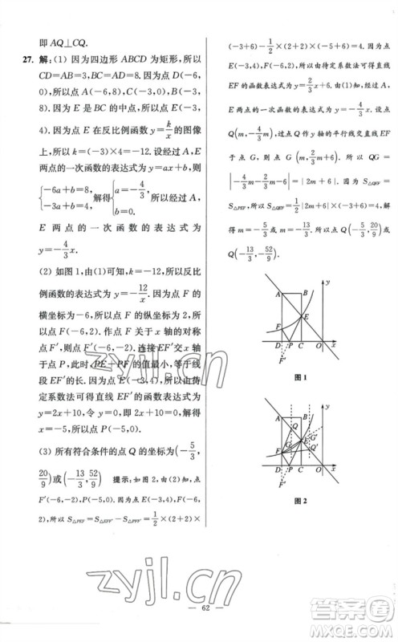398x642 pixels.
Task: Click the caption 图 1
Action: pyautogui.click(x=301, y=377)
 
